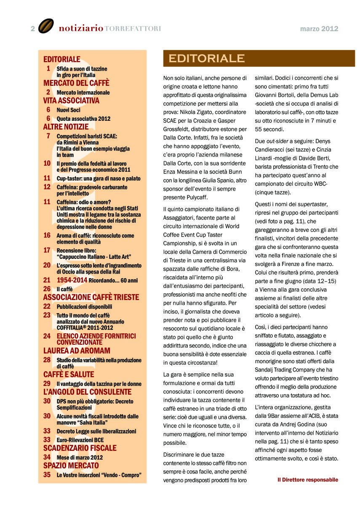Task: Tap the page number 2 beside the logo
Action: [x=32, y=29]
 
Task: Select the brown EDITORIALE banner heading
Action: [x=206, y=58]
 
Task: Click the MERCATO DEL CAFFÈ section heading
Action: [x=76, y=83]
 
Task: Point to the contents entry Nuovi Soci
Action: [x=68, y=110]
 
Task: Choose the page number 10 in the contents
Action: [x=47, y=163]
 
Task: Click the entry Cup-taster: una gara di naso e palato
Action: [x=99, y=178]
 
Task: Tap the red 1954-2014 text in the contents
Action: [x=72, y=280]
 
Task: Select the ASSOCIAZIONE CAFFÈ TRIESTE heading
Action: [x=91, y=298]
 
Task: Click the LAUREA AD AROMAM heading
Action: [x=77, y=351]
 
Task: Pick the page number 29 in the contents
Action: [x=47, y=383]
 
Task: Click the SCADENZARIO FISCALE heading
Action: [x=80, y=448]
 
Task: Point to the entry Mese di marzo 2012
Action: [x=80, y=457]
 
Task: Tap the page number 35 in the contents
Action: [x=47, y=475]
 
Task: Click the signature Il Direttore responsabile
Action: [x=307, y=480]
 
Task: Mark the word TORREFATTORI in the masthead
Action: [x=132, y=29]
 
